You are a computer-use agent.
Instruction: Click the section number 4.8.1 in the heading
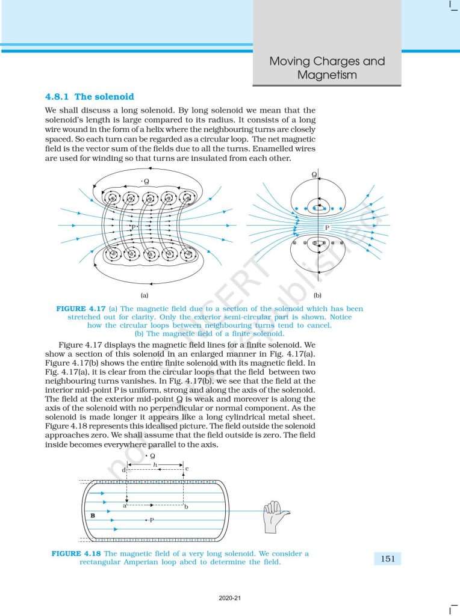click(57, 96)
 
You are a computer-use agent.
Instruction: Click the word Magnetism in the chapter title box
click(327, 75)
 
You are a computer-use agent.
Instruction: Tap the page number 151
click(388, 559)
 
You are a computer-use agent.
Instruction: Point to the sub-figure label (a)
click(145, 295)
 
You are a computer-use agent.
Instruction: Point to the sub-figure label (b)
click(317, 295)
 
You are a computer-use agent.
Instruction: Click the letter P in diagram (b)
click(327, 228)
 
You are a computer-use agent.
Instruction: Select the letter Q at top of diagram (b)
click(314, 174)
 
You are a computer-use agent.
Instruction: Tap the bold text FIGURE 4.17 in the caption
click(80, 309)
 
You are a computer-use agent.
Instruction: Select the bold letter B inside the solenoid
click(93, 516)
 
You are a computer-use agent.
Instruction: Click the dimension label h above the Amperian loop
click(155, 464)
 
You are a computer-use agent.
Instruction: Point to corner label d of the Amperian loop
click(123, 469)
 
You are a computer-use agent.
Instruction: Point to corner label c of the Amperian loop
click(187, 469)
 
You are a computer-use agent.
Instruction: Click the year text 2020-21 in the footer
click(229, 598)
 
